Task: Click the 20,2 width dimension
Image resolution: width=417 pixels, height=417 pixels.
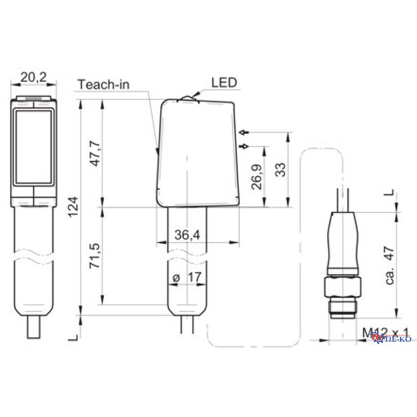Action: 33,77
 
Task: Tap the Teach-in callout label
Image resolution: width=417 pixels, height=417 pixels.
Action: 104,85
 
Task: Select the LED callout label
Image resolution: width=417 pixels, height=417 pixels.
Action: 224,83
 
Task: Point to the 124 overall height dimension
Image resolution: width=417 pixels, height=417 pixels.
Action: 74,206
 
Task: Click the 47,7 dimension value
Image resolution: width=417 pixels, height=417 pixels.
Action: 95,154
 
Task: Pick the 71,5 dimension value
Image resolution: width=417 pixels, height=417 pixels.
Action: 95,255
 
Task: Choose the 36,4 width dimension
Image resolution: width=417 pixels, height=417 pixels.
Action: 187,235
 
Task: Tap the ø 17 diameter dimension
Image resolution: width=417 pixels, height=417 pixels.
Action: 187,277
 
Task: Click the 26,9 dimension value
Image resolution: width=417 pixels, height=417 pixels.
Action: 257,177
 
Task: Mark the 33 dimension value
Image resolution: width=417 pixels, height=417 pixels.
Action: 280,169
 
